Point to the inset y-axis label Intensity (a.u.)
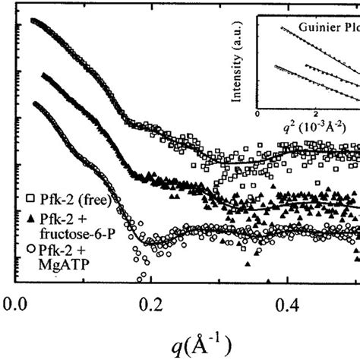click(248, 68)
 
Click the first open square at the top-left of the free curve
click(32, 21)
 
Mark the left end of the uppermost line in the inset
click(262, 25)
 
